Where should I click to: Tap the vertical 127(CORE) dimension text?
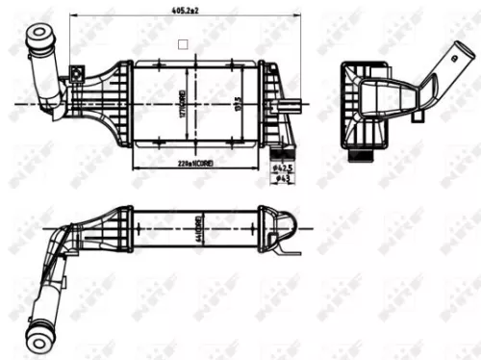[x=180, y=103]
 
